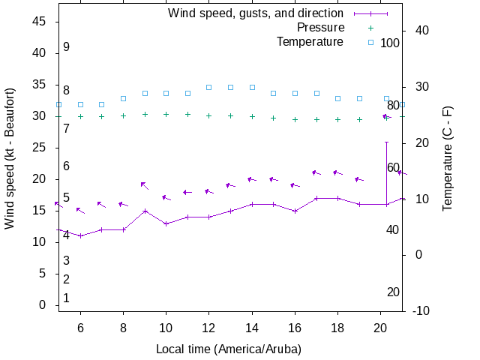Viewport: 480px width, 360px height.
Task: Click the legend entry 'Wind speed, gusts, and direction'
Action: click(255, 13)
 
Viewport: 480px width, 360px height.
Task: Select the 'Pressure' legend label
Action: click(320, 28)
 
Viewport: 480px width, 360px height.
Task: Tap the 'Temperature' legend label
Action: click(310, 42)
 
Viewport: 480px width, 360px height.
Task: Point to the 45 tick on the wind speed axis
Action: click(40, 22)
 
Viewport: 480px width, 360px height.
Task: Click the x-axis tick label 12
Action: click(208, 328)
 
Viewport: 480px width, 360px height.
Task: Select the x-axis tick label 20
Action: click(380, 328)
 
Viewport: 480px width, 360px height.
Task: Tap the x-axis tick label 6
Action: click(80, 328)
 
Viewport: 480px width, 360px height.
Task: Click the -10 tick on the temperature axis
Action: click(421, 311)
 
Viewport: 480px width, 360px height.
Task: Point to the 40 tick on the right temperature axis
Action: click(421, 31)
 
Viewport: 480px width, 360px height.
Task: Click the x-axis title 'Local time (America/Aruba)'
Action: click(228, 349)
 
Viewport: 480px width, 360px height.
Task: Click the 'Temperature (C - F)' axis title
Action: click(448, 159)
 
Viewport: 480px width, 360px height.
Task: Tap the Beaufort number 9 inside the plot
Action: click(67, 47)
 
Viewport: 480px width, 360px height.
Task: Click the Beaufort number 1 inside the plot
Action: click(67, 298)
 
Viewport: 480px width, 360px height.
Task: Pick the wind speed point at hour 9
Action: click(145, 211)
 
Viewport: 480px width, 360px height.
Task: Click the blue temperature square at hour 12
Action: click(209, 87)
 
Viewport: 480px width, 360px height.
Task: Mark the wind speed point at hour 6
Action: click(80, 236)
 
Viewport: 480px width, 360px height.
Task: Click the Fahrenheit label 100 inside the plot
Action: click(390, 43)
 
